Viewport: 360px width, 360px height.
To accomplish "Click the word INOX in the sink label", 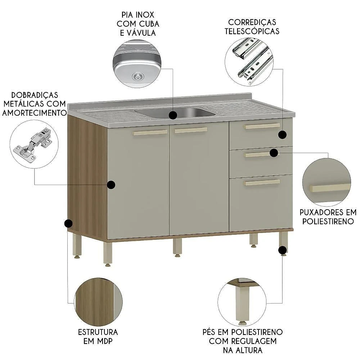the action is (145, 15).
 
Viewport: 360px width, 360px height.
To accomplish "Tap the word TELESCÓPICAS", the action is (252, 31).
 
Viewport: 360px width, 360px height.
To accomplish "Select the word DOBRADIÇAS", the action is (35, 95).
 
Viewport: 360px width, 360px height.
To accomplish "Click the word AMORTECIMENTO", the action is (35, 113).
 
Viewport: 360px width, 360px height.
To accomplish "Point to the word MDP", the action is (105, 341).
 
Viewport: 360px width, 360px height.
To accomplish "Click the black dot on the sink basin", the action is (173, 115).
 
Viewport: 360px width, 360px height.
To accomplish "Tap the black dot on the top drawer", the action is (282, 135).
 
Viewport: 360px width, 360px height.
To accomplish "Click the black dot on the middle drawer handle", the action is (274, 153).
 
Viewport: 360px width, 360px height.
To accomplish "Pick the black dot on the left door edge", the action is (111, 185).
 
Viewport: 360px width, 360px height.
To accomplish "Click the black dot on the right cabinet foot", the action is (283, 250).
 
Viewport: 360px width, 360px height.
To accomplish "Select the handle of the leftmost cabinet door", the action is (150, 132).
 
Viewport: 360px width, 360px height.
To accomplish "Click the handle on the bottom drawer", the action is (262, 183).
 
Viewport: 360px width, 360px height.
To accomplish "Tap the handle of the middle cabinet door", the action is (191, 130).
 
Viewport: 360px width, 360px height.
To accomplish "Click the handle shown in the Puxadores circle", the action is (330, 188).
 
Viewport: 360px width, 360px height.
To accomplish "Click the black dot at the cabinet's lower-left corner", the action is (68, 224).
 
